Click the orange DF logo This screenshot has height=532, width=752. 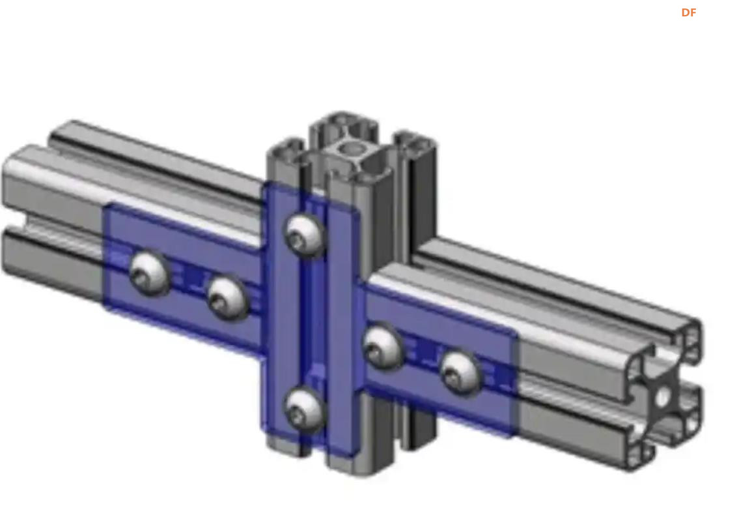coord(688,13)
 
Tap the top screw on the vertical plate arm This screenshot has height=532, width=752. coord(305,235)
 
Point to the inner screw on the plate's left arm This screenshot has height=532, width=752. coord(227,299)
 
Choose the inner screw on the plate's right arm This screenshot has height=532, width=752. coord(383,347)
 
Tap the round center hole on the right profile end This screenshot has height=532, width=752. coord(663,396)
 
